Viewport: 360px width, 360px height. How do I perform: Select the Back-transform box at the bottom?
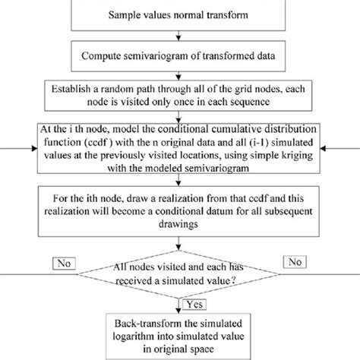click(180, 333)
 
